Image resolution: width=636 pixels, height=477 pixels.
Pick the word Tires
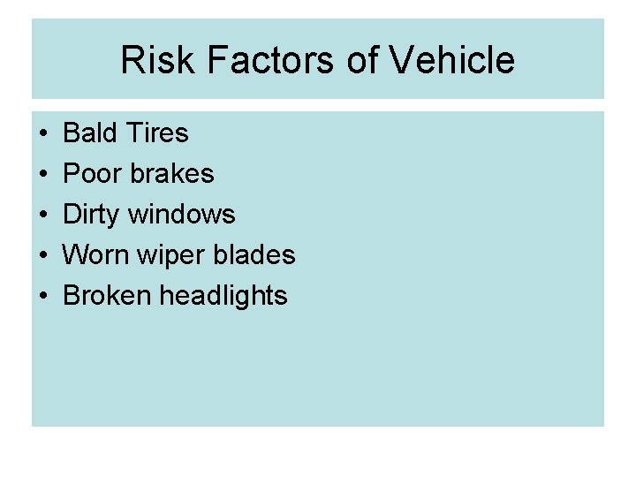(x=156, y=133)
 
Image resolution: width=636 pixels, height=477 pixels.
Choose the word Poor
(x=93, y=174)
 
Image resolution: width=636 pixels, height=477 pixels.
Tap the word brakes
(x=171, y=174)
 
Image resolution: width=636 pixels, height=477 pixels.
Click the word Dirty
(x=95, y=215)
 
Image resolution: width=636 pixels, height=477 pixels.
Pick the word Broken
(x=107, y=296)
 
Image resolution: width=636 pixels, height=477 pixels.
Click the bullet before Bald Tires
(x=43, y=134)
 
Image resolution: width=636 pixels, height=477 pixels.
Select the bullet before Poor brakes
(x=43, y=175)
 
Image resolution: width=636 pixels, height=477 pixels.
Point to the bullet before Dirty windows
(x=43, y=216)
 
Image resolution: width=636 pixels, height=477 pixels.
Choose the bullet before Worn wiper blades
(x=43, y=256)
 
